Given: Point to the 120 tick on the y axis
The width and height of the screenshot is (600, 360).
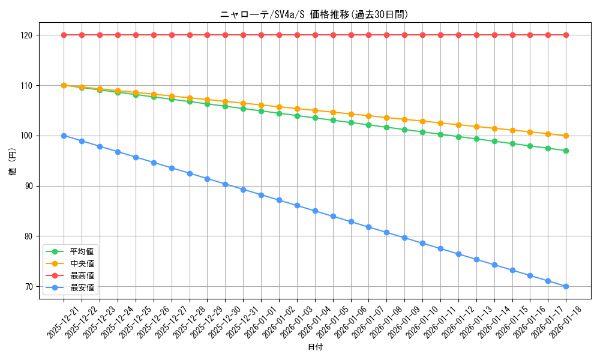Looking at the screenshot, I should pos(34,35).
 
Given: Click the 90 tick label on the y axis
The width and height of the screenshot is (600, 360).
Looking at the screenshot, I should pos(34,186).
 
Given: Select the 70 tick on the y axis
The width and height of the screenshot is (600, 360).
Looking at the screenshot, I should pos(34,287).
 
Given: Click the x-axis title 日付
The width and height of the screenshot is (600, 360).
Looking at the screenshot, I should pos(314,347).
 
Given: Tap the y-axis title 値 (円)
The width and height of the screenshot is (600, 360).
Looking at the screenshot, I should pos(13,161).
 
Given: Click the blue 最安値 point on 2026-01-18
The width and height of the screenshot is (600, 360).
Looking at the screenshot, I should pos(566,287).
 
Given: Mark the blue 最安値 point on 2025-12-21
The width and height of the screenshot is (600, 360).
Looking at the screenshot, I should pos(64,136).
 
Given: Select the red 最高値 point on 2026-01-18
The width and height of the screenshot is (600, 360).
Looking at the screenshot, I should pos(566,35).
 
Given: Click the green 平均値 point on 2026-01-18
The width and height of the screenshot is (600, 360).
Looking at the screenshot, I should pos(566,151).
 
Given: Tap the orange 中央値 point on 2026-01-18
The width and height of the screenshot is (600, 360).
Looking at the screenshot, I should pos(566,136).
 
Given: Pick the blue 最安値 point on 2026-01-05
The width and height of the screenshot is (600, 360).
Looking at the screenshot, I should pos(333,216).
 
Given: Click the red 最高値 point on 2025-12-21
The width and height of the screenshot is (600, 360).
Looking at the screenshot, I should pos(64,35).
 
